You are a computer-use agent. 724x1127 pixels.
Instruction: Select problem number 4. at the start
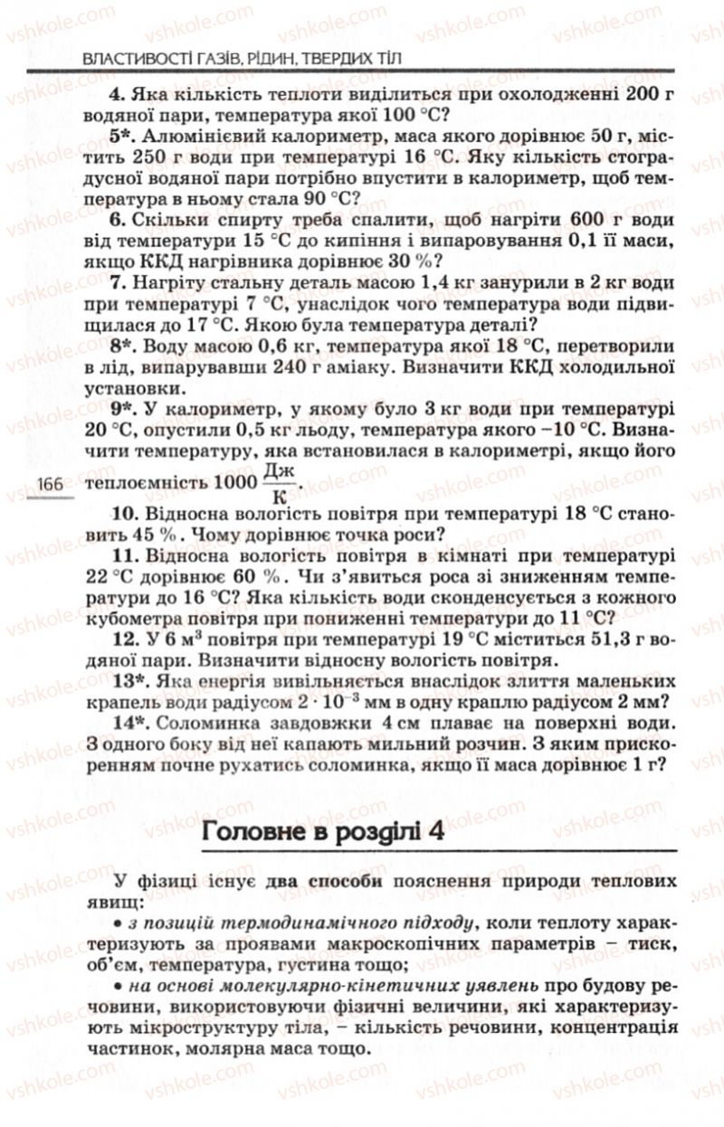(115, 92)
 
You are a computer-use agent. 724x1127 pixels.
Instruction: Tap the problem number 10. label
(120, 513)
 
